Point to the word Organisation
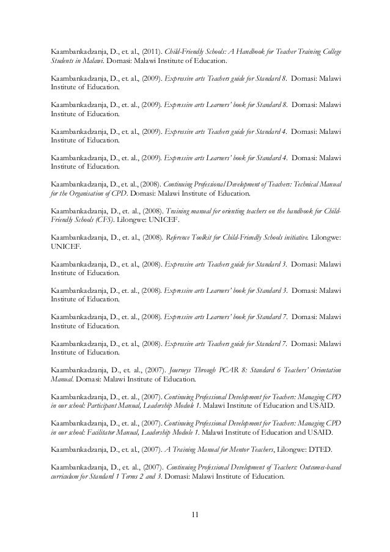89,194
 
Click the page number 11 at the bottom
195,520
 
